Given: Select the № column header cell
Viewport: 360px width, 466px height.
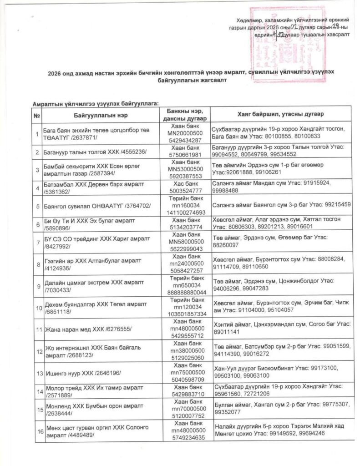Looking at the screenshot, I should click(36, 114).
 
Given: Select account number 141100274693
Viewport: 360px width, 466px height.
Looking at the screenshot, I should click(188, 212).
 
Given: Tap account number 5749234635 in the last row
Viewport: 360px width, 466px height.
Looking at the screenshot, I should click(188, 438).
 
